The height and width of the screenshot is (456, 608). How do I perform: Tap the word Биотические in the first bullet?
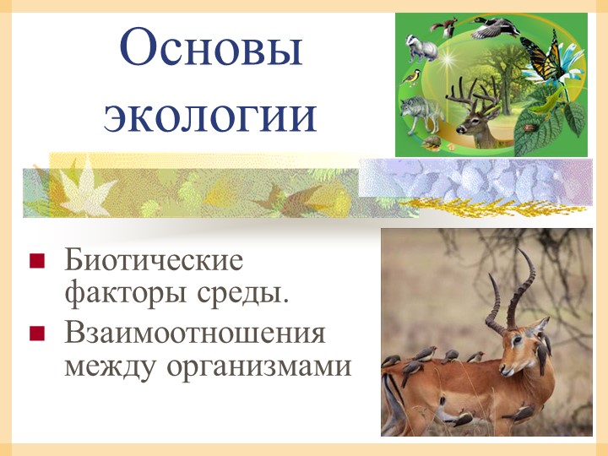153,259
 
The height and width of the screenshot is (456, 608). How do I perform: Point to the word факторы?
118,295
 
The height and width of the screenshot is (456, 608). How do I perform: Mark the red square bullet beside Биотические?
36,260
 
